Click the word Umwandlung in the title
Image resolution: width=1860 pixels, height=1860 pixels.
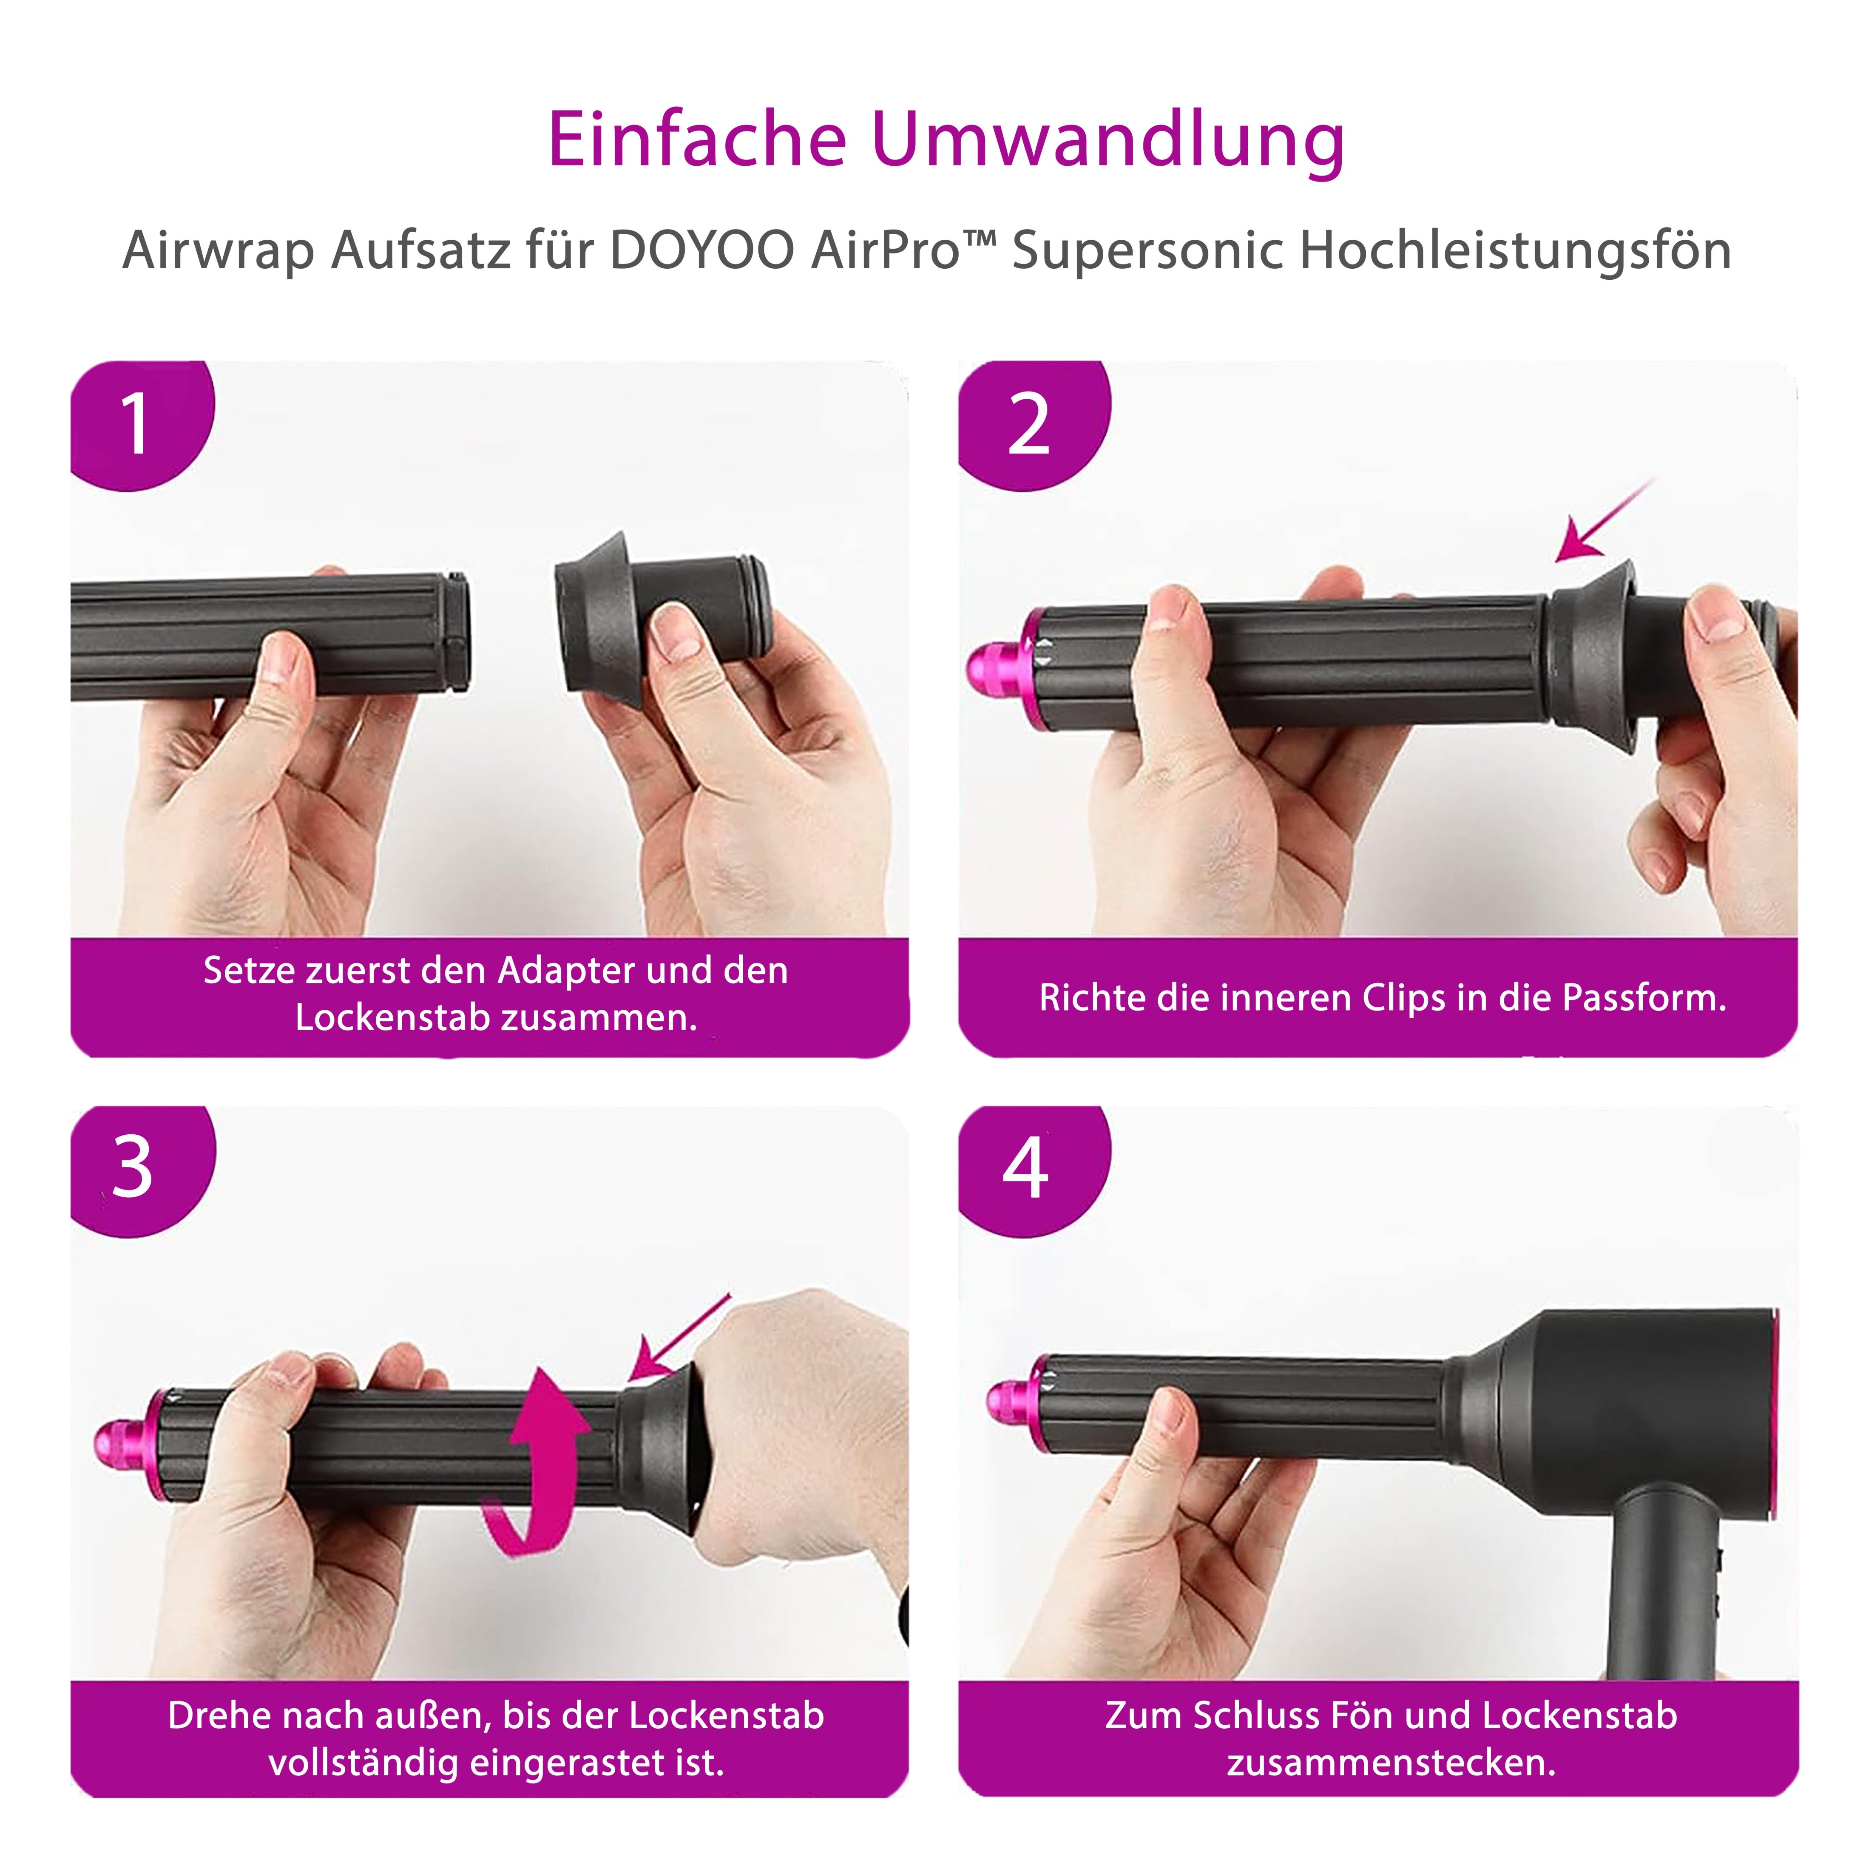click(x=1107, y=141)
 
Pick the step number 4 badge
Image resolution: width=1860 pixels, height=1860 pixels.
click(x=1025, y=1168)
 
